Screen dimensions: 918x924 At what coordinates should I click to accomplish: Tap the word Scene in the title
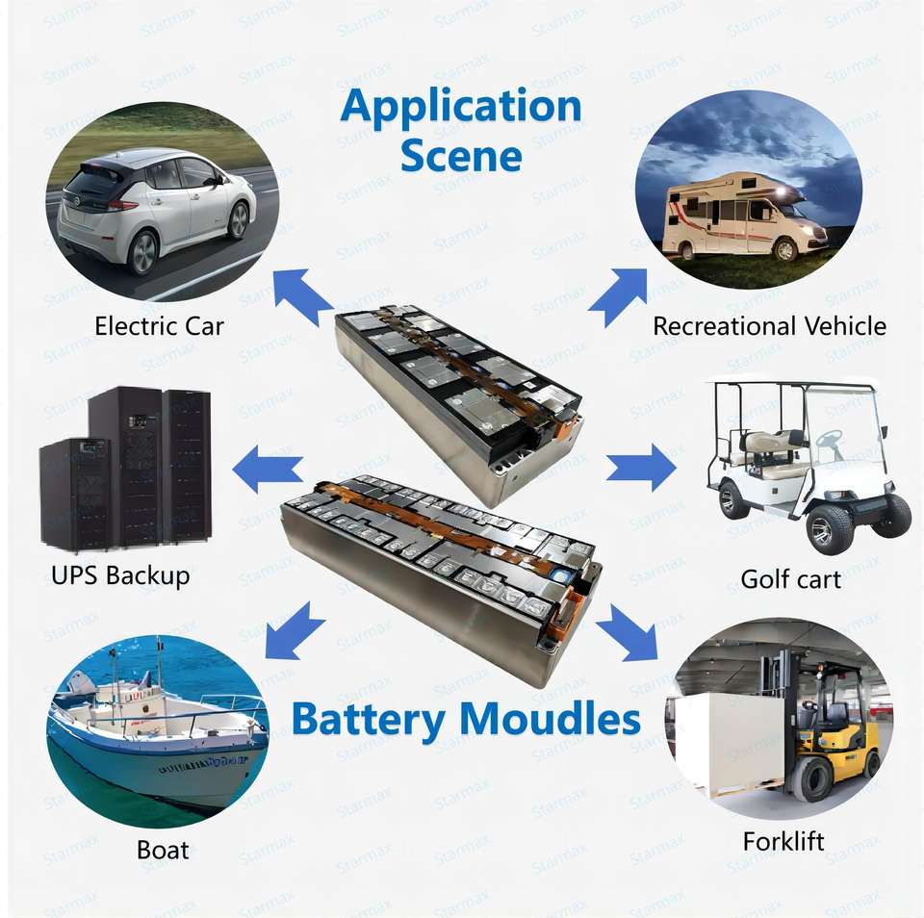(x=461, y=155)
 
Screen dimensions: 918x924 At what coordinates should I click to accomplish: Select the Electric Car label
(x=159, y=326)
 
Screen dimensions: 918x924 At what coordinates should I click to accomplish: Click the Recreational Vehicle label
(x=769, y=326)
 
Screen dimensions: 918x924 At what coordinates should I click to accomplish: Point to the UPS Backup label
(x=120, y=575)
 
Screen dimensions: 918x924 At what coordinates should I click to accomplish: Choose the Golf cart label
(x=790, y=579)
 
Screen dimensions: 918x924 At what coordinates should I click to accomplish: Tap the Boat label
(x=163, y=851)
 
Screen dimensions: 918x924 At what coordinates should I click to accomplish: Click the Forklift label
(x=783, y=841)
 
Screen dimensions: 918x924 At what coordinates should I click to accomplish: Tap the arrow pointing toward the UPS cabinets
(x=269, y=468)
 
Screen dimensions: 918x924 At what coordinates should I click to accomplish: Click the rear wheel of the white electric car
(x=143, y=252)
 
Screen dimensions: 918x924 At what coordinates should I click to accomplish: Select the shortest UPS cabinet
(x=75, y=494)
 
